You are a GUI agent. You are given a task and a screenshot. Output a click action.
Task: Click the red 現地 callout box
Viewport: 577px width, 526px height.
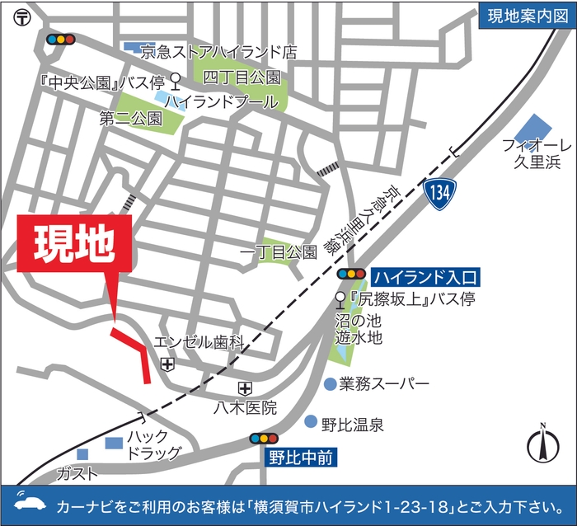(x=74, y=244)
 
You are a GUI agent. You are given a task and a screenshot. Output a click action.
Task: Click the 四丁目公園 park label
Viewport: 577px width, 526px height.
(x=242, y=77)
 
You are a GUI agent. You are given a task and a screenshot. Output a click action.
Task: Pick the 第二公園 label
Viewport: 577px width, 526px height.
(x=130, y=118)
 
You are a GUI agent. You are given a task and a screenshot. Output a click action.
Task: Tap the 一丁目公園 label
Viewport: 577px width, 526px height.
(x=278, y=251)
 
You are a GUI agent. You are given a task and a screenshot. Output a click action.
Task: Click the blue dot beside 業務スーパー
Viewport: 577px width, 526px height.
(x=330, y=383)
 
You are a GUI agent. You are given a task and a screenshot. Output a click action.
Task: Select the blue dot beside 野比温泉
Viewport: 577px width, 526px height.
(x=311, y=422)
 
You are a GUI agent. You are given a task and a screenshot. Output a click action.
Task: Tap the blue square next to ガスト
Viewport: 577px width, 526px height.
(x=82, y=454)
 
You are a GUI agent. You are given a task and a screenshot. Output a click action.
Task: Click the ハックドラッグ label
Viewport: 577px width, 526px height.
(x=152, y=444)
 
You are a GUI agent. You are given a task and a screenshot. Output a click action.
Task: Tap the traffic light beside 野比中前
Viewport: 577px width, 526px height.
(x=265, y=438)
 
